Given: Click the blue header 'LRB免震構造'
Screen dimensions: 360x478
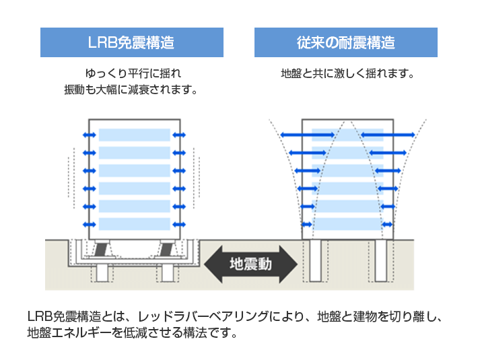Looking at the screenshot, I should click(x=131, y=42).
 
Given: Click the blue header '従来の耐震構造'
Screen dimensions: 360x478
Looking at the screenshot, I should click(x=345, y=42).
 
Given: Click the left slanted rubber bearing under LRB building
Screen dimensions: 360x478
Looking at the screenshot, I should click(x=100, y=250).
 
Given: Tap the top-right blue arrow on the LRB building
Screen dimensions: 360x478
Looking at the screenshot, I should click(x=179, y=135).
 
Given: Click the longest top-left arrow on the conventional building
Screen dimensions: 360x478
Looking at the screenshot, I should click(x=307, y=135).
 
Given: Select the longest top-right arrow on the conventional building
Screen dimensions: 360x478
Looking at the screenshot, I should click(x=386, y=135).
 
